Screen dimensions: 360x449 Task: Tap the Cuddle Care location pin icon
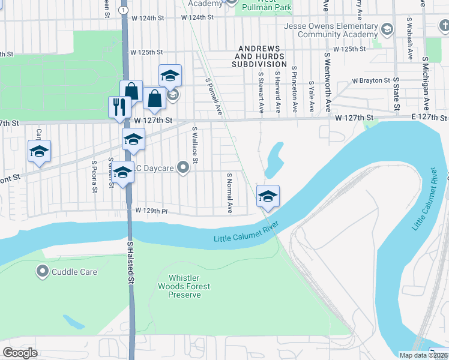click(43, 272)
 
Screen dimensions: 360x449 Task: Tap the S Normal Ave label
click(229, 193)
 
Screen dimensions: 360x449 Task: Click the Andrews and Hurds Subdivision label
click(262, 56)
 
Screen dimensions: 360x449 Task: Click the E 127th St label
click(429, 118)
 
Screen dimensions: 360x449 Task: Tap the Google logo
click(20, 352)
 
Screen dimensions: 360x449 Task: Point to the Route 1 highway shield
click(123, 10)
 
